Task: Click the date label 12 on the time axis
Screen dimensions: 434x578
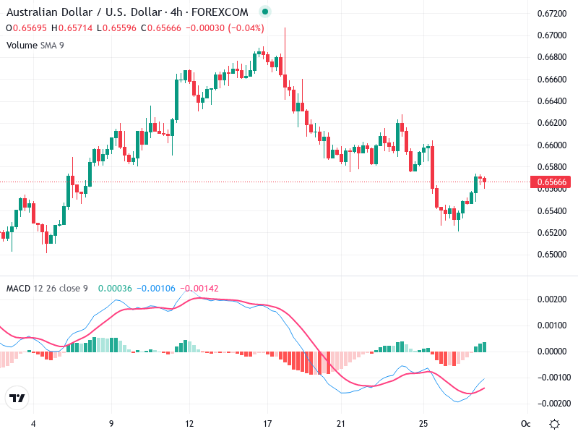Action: (x=189, y=423)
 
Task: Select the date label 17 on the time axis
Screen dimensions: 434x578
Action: (x=267, y=423)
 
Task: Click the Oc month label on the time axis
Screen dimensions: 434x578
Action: (x=526, y=423)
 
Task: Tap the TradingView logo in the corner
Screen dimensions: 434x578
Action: (x=17, y=399)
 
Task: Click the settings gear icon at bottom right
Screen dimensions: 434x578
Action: (x=554, y=423)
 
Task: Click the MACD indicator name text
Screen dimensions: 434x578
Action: (x=18, y=289)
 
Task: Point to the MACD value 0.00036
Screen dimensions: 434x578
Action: (x=114, y=289)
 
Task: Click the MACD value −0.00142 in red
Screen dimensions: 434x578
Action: (x=199, y=289)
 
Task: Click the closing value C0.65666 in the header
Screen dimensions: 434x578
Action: (x=163, y=28)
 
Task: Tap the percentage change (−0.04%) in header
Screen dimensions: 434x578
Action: (x=246, y=28)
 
